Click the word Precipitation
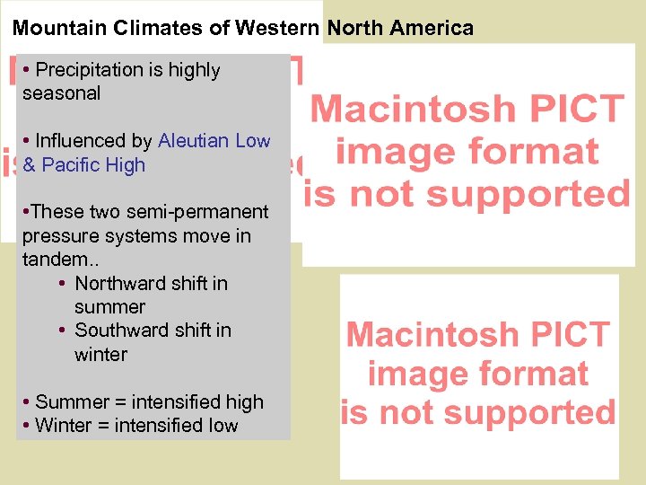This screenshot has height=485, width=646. [x=89, y=70]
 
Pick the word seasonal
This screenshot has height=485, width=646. [x=61, y=93]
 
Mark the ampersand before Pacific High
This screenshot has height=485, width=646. [x=30, y=165]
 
